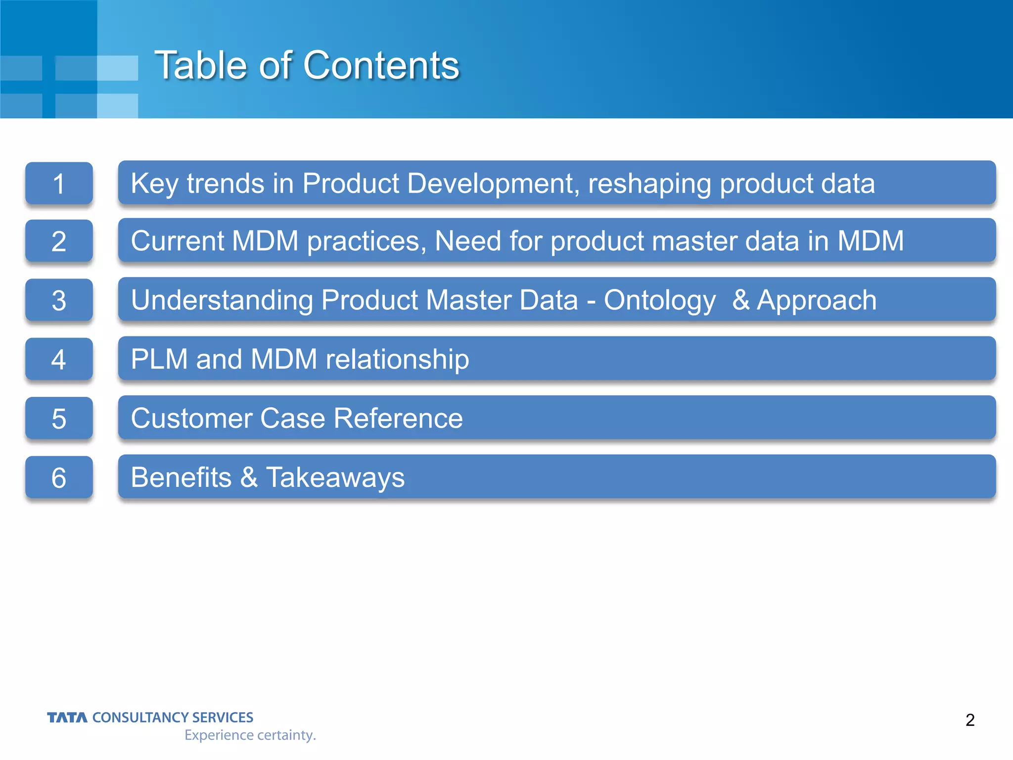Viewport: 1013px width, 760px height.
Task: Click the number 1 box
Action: (x=59, y=184)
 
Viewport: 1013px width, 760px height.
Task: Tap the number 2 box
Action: (x=59, y=241)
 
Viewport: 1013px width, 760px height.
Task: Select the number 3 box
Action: (x=59, y=300)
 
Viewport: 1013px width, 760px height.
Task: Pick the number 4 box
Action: (x=59, y=359)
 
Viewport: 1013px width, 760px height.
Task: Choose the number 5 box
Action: (x=59, y=419)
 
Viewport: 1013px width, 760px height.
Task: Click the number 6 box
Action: (x=59, y=477)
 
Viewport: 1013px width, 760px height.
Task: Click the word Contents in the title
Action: (x=381, y=65)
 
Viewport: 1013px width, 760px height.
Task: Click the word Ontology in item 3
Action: (x=659, y=300)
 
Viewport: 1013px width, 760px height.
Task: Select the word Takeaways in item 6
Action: (x=335, y=477)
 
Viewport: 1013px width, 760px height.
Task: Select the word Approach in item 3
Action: (x=817, y=300)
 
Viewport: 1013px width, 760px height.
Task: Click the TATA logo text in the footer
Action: (x=67, y=717)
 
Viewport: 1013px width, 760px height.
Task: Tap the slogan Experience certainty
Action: (x=250, y=735)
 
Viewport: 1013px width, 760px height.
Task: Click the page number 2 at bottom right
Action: (x=969, y=720)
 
